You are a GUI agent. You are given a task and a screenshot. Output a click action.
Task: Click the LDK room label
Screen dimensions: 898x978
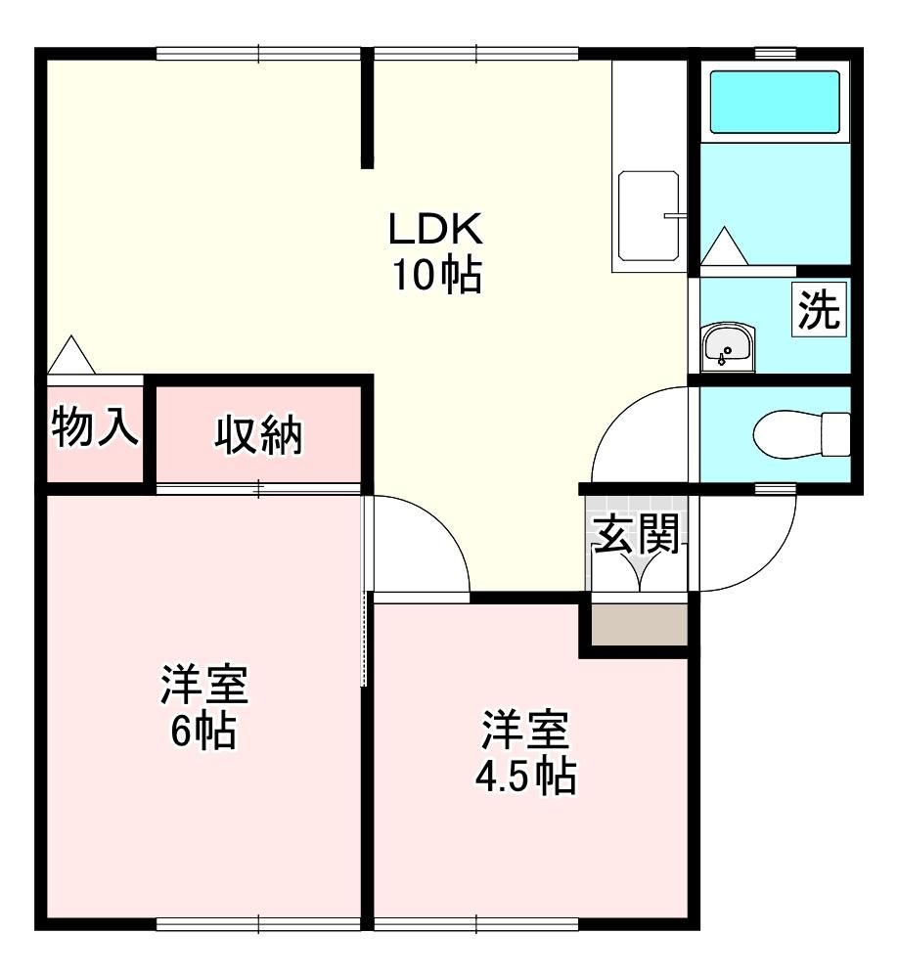tap(435, 229)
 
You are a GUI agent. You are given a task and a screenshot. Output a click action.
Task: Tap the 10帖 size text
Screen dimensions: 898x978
tap(436, 275)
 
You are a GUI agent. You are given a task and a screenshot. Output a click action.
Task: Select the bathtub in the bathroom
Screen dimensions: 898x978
tap(775, 102)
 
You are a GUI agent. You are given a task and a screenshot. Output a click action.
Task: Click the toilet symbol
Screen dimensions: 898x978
tap(802, 433)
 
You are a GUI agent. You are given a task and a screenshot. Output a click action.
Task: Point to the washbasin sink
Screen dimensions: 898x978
tap(727, 348)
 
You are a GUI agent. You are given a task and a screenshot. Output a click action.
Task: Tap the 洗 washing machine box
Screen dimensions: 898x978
tap(820, 309)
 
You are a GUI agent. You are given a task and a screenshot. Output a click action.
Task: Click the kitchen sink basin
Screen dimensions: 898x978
tap(649, 216)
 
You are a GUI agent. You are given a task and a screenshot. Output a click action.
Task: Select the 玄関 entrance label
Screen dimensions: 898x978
tap(636, 535)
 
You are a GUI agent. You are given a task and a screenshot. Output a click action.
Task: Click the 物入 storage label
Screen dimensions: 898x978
tap(95, 427)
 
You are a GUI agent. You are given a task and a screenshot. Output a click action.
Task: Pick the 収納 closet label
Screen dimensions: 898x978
tap(258, 435)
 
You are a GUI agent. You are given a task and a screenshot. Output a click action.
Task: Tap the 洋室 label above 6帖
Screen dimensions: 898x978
tap(204, 685)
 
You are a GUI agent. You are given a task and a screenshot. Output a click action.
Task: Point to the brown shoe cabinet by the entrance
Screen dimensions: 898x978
tap(639, 625)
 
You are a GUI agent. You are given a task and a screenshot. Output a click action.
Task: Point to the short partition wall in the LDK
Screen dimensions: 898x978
tap(367, 111)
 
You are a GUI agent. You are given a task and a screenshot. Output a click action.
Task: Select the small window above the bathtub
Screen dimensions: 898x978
tap(776, 54)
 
